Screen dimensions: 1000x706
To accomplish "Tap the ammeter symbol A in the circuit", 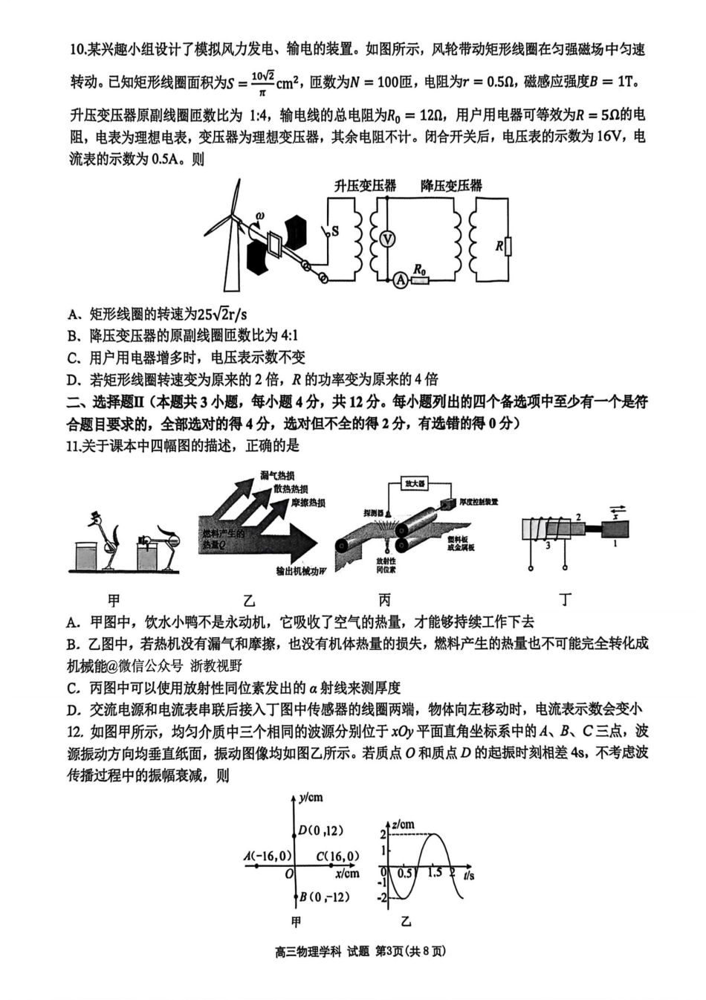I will point(401,280).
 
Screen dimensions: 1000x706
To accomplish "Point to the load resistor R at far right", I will point(508,245).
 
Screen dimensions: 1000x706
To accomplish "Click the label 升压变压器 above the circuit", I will point(365,186).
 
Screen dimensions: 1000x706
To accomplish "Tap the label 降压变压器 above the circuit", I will point(451,186).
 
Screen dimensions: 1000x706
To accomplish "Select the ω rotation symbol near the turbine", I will point(259,216).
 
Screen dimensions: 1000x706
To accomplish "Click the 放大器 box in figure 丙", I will point(414,483).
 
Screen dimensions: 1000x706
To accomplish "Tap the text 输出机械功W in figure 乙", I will point(301,571).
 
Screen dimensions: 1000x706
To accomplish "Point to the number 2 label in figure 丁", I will point(578,517).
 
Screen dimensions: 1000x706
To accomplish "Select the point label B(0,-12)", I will point(324,897).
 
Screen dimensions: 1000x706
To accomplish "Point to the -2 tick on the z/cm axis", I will point(383,898).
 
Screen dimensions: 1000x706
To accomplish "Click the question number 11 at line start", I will point(73,445).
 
